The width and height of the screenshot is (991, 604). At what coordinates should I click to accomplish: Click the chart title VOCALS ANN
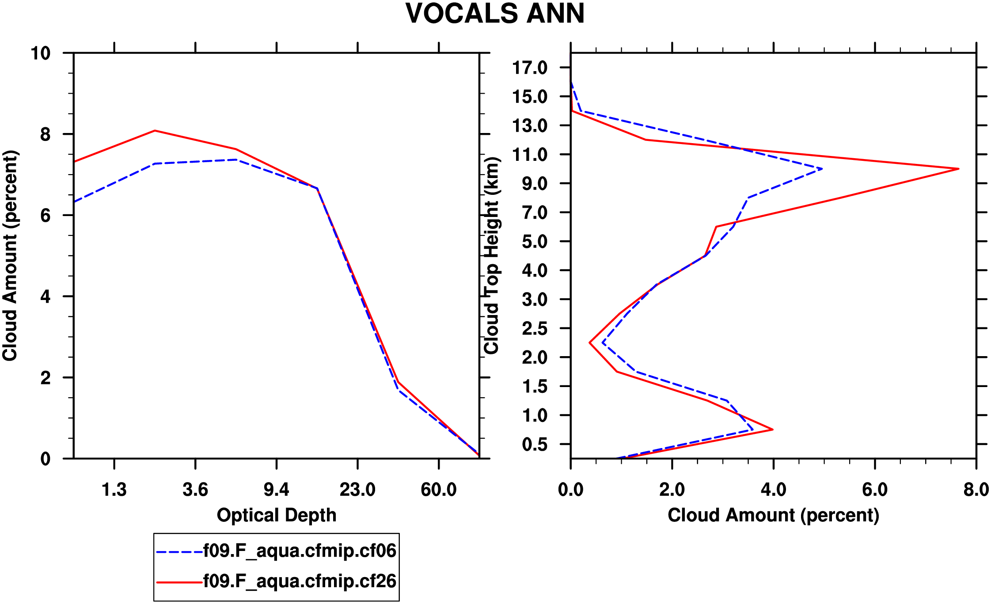tap(495, 14)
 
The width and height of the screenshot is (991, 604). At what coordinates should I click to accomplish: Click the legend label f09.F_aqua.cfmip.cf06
tap(300, 551)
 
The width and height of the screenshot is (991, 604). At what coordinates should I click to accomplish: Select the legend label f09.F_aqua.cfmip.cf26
tap(300, 581)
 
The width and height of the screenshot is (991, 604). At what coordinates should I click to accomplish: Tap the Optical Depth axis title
tap(277, 515)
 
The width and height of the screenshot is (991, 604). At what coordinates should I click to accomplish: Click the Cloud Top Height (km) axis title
tap(491, 255)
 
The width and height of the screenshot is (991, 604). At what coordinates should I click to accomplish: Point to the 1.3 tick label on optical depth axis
tap(114, 490)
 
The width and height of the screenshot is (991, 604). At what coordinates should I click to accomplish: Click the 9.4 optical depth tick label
tap(276, 490)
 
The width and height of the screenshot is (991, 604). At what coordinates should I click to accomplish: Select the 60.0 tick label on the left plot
tap(438, 490)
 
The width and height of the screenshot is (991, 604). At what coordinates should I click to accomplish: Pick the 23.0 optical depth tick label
tap(357, 490)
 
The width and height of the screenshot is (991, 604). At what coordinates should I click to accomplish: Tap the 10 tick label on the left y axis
tap(40, 53)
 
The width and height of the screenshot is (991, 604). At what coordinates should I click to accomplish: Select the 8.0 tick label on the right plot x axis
tap(976, 490)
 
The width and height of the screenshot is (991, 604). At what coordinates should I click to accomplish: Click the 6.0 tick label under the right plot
tap(875, 490)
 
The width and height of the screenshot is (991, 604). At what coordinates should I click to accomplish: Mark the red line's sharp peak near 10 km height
tap(958, 169)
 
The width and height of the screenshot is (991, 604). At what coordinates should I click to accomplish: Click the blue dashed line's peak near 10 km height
tap(822, 169)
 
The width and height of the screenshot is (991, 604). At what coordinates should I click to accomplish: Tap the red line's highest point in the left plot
tap(155, 130)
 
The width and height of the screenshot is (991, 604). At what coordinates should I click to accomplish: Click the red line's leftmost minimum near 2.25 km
tap(590, 342)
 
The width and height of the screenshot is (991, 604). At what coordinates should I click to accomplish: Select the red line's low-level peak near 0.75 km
tap(772, 429)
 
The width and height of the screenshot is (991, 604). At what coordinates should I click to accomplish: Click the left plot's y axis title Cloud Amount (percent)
tap(10, 255)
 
